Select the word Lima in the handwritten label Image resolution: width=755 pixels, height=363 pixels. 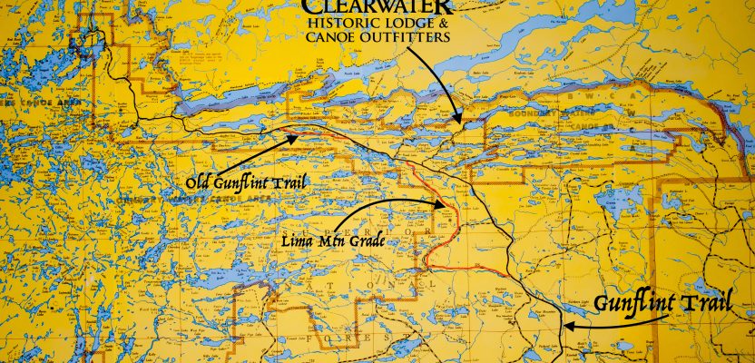pyautogui.click(x=293, y=243)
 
